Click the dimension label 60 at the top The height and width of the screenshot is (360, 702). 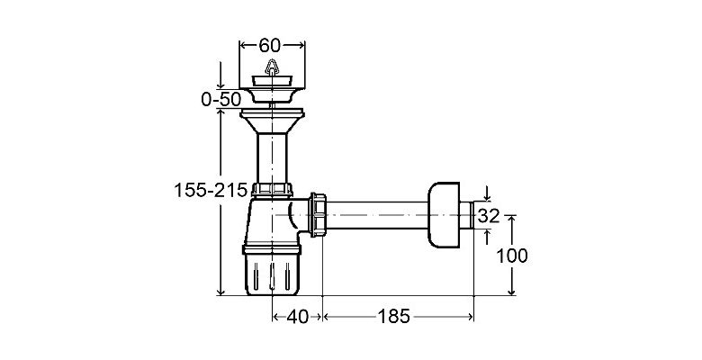(269, 45)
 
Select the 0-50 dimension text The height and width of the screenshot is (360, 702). (221, 99)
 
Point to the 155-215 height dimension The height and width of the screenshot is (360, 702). (211, 190)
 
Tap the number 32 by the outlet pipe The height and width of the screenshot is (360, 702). (488, 216)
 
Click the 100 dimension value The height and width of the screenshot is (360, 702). (512, 256)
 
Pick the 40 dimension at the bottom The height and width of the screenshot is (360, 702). (297, 317)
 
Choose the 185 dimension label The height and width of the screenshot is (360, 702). (394, 317)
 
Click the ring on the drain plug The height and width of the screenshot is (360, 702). (272, 67)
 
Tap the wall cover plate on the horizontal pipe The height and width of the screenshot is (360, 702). (443, 214)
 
